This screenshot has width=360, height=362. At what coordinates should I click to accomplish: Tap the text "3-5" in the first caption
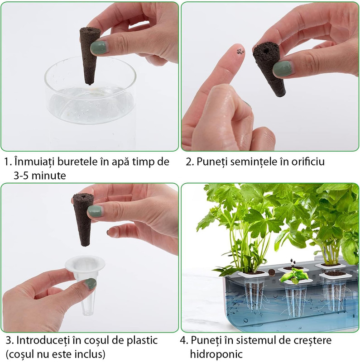pyautogui.click(x=21, y=176)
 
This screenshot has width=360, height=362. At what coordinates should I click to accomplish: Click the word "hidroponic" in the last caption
pyautogui.click(x=216, y=354)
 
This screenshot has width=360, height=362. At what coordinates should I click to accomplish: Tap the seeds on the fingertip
pyautogui.click(x=240, y=52)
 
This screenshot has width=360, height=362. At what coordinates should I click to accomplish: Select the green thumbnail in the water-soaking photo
pyautogui.click(x=99, y=48)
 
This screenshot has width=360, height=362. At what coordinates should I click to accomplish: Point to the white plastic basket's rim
pyautogui.click(x=85, y=265)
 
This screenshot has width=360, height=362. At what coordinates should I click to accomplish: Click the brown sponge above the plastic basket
pyautogui.click(x=83, y=219)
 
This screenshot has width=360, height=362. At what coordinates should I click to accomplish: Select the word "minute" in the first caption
pyautogui.click(x=49, y=176)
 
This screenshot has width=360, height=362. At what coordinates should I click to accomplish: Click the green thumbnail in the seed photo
pyautogui.click(x=282, y=69)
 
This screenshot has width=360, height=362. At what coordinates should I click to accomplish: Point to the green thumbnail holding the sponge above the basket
pyautogui.click(x=95, y=211)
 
